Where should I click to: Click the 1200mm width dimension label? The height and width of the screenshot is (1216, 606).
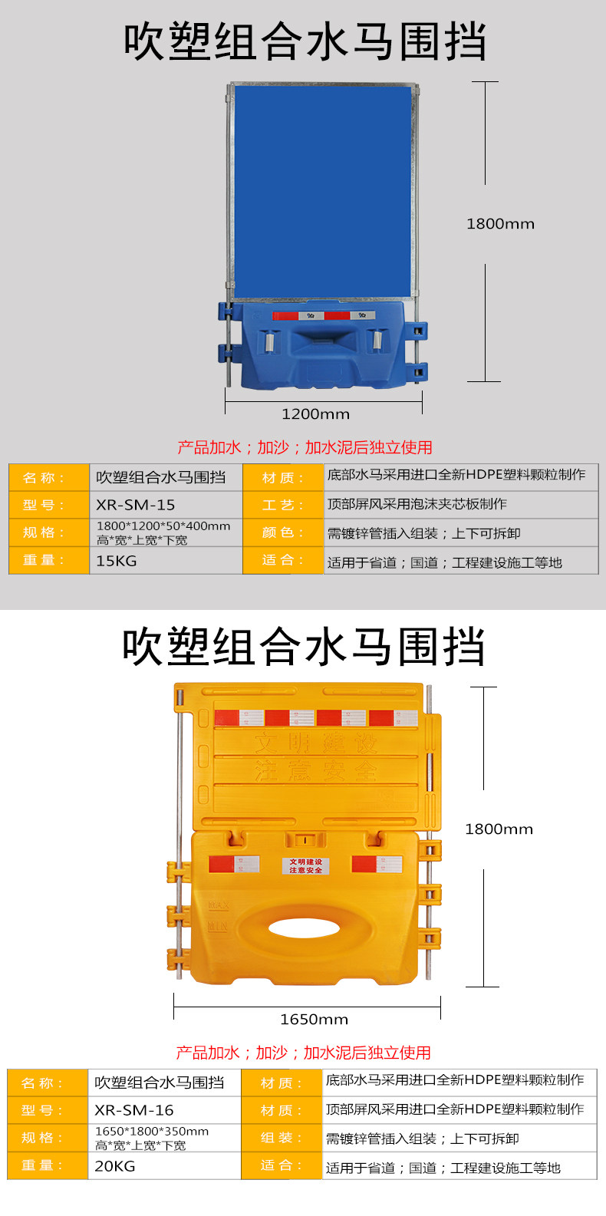315,414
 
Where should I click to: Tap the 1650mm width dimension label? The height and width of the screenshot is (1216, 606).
314,1020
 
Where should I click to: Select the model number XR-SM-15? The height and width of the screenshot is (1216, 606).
136,505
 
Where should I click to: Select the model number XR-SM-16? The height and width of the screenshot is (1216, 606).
134,1110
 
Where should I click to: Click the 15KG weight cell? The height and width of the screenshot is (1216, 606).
117,561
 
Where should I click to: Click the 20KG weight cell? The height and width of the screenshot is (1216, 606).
115,1166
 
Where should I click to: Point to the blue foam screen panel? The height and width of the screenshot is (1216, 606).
322,192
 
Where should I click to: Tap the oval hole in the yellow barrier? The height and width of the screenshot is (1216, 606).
305,928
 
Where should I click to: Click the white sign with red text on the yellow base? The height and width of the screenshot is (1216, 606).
305,866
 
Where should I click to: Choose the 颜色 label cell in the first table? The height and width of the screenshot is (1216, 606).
282,532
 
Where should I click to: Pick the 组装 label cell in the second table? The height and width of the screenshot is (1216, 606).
281,1138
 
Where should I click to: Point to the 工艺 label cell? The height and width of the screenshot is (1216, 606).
282,505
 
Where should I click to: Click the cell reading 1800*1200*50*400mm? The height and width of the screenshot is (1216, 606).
163,532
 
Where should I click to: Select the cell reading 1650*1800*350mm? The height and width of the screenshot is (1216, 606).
152,1138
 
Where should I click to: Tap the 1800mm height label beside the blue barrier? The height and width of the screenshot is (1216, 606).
500,224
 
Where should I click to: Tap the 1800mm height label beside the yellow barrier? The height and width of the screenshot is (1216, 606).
499,829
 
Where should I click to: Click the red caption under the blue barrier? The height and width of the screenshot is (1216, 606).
305,447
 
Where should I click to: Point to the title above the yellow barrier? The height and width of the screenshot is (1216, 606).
304,647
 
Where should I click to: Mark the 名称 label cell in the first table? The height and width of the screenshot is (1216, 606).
48,478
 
